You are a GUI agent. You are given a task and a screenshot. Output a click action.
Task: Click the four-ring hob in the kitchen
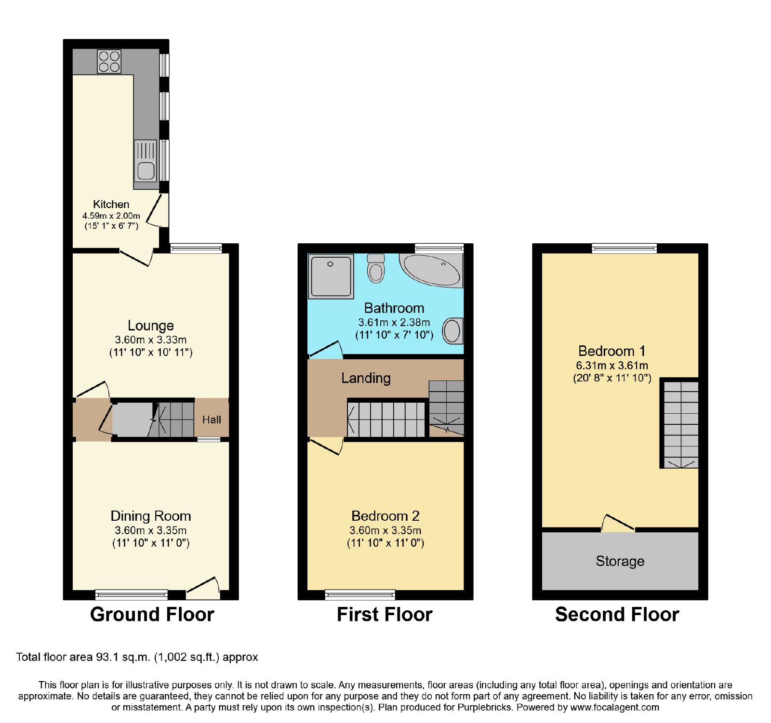(109, 62)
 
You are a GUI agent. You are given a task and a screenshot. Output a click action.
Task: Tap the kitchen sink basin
(146, 170)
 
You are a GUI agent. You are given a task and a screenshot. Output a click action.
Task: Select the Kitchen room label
(111, 204)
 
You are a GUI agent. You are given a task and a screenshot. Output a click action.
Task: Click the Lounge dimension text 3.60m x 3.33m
(151, 340)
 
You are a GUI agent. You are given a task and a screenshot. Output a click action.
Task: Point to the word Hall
(212, 420)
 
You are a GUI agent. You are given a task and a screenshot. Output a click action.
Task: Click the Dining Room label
(151, 516)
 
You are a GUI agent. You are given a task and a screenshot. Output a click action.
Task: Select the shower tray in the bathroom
(331, 276)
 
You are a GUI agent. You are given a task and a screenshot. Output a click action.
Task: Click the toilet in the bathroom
(376, 268)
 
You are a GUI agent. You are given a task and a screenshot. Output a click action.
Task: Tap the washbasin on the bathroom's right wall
(452, 331)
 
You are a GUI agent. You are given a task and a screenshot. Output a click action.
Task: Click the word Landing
(366, 378)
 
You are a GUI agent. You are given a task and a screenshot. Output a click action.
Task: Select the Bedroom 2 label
(385, 516)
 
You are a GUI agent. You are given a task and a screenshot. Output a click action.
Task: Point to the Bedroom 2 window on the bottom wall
(360, 594)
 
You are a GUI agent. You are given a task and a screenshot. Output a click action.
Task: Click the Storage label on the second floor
(620, 561)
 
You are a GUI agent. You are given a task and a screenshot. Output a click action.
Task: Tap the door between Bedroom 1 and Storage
(618, 523)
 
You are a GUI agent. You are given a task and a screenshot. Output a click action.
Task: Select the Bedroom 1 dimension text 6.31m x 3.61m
(612, 365)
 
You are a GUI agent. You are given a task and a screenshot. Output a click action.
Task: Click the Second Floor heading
(617, 615)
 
